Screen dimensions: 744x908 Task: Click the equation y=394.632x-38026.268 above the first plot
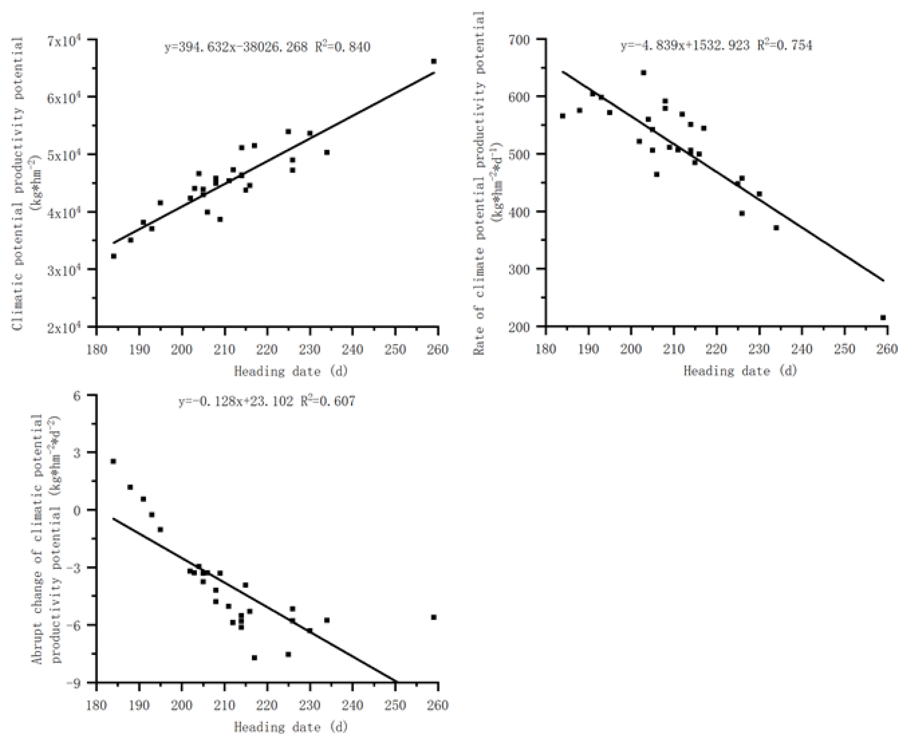[236, 47]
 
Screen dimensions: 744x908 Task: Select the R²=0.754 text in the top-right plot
[785, 45]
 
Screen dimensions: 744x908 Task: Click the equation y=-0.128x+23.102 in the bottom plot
[236, 401]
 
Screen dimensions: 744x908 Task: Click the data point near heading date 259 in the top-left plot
[434, 61]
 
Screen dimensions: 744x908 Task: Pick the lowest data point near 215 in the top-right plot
[656, 175]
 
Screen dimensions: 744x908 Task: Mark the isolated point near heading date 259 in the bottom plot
[434, 617]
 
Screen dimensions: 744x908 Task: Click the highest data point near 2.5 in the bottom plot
[113, 461]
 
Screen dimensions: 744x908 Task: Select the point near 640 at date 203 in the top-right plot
[644, 73]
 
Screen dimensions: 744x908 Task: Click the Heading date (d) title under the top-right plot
[740, 371]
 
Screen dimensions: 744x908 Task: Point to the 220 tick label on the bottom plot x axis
[267, 705]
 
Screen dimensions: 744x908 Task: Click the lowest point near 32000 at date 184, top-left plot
[113, 256]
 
